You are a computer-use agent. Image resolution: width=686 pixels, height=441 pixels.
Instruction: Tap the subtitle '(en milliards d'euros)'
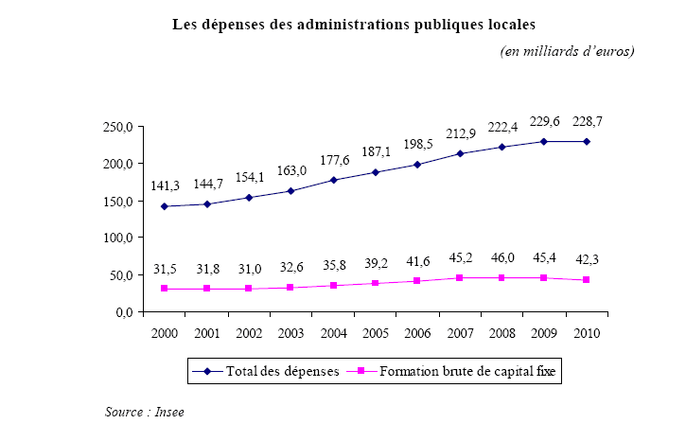point(567,50)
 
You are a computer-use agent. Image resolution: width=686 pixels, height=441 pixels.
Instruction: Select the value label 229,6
point(544,120)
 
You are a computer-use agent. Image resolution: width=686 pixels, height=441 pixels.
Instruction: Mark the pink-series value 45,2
point(461,256)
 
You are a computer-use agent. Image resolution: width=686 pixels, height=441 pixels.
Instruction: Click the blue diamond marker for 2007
point(460,154)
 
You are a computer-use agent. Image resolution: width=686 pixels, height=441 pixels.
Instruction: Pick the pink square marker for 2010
point(586,280)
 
